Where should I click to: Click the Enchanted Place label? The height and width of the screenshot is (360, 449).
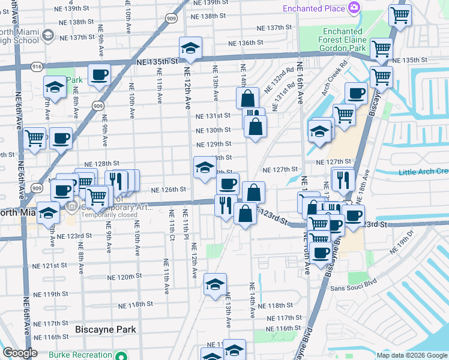[313, 9]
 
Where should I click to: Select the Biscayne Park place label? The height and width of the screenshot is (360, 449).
[106, 329]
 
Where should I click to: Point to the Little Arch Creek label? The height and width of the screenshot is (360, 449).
[423, 172]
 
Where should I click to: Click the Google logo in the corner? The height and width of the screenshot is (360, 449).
[20, 353]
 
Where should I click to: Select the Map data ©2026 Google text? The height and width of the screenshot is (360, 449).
[411, 355]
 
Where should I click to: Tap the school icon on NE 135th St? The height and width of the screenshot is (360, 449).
[190, 49]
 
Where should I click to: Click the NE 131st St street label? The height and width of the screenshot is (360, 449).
[213, 116]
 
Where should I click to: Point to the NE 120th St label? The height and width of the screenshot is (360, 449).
[124, 277]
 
